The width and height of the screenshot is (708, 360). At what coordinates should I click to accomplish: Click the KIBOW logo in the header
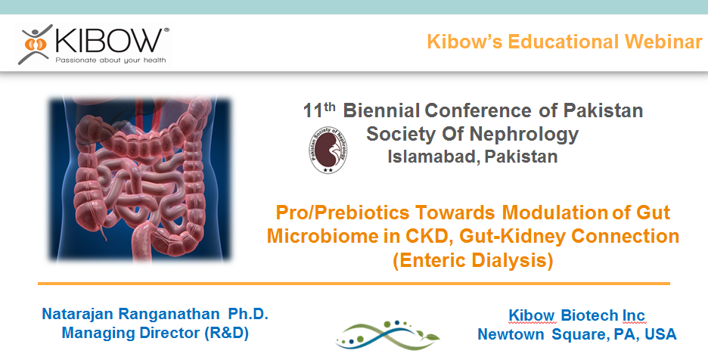tap(94, 45)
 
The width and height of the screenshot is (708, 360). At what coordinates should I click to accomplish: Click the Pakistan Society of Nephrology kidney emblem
tap(328, 151)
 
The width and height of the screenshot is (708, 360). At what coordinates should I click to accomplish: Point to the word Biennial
tap(382, 110)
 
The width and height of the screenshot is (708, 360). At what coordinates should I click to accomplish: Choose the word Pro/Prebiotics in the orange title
tap(343, 213)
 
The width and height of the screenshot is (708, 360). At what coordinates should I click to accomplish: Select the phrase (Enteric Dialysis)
tap(473, 261)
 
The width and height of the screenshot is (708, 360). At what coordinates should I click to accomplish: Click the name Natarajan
tap(78, 314)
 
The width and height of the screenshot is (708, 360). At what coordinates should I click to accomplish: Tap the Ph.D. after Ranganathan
tap(248, 314)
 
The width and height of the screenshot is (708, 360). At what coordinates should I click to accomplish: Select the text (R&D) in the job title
tap(226, 334)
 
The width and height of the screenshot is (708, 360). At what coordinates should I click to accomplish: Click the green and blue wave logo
tap(387, 335)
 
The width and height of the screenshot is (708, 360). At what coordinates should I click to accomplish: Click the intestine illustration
tap(140, 179)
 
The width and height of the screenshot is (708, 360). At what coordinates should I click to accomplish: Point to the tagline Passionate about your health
tap(110, 60)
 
